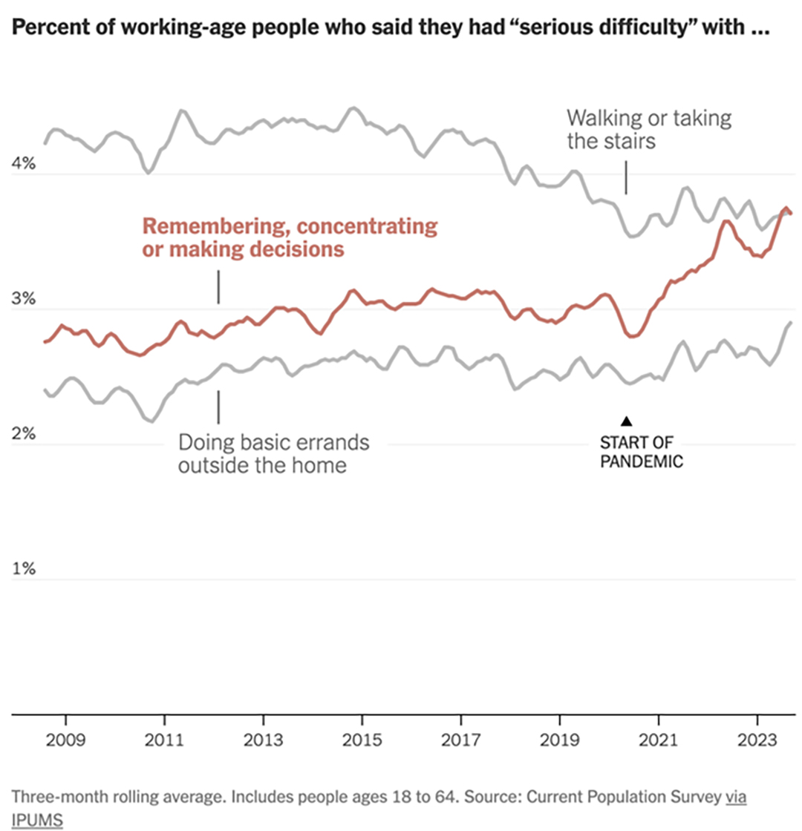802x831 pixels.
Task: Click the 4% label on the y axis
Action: click(x=24, y=165)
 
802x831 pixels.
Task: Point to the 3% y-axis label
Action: click(x=24, y=300)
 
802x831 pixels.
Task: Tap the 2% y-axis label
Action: click(x=24, y=435)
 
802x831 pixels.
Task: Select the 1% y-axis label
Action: click(x=24, y=570)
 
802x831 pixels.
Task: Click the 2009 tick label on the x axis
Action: click(x=65, y=740)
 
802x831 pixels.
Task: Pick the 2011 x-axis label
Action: click(x=164, y=740)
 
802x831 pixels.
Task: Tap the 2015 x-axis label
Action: click(x=362, y=740)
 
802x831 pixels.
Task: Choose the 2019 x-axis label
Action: click(x=559, y=740)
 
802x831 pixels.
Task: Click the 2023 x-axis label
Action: click(x=757, y=740)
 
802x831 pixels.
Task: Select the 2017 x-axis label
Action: click(x=460, y=740)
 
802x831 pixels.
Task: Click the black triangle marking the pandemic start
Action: click(x=626, y=421)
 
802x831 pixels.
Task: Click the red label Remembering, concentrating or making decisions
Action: click(x=289, y=237)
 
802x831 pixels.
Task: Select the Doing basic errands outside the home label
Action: click(x=273, y=454)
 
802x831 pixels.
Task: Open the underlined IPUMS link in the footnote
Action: click(x=37, y=818)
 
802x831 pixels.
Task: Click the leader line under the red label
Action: click(x=218, y=286)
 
